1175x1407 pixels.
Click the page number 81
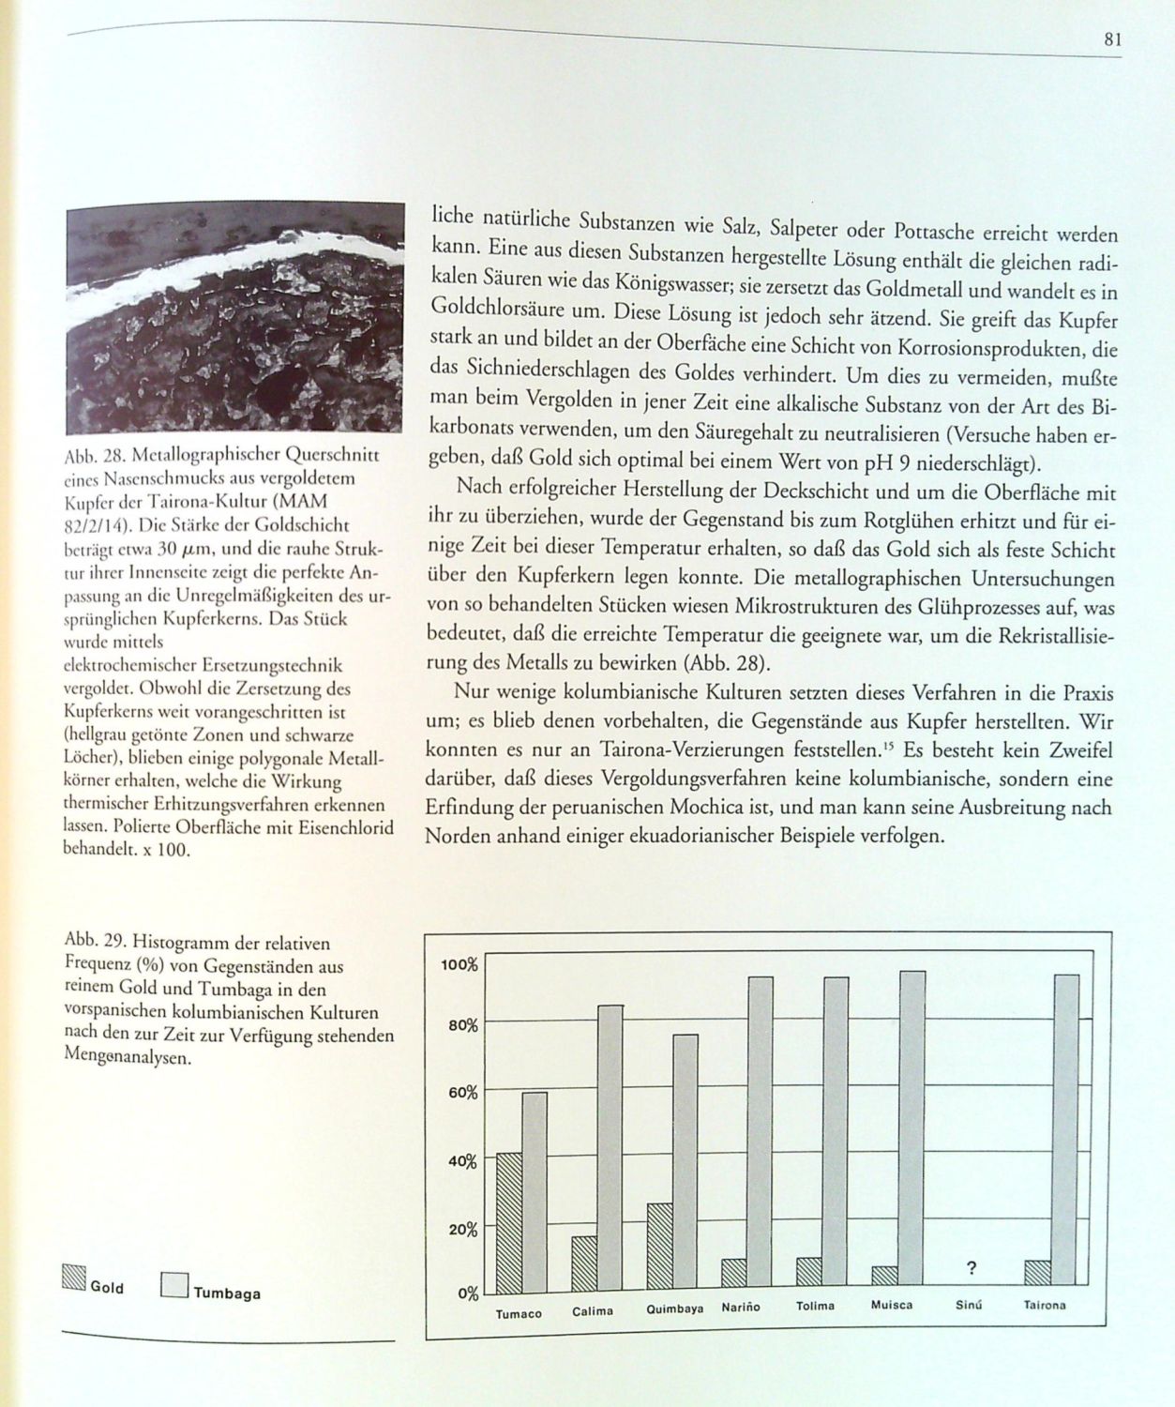(x=1112, y=39)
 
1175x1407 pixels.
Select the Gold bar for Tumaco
(x=509, y=1221)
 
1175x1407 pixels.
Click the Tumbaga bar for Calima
(x=610, y=1146)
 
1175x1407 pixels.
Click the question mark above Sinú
(x=972, y=1269)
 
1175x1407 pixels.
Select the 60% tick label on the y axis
(x=462, y=1093)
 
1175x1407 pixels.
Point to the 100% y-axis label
(x=459, y=965)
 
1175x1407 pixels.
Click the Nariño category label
(x=741, y=1307)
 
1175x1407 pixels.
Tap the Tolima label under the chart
(x=815, y=1306)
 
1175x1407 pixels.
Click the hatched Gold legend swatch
(x=74, y=1278)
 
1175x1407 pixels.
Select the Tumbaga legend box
(x=173, y=1285)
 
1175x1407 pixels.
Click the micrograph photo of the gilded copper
(x=234, y=316)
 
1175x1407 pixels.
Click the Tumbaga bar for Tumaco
(x=535, y=1191)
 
